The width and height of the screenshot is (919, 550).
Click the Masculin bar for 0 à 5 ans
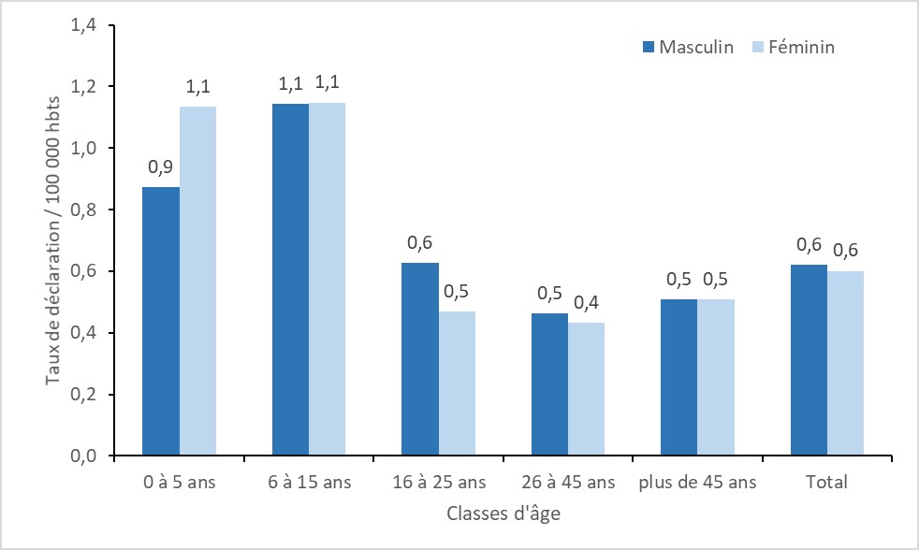click(x=161, y=321)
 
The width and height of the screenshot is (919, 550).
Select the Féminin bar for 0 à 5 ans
click(x=197, y=281)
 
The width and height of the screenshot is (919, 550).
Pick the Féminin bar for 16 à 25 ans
click(x=457, y=383)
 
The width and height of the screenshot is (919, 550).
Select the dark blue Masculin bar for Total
click(x=809, y=360)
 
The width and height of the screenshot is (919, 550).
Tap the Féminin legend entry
click(x=792, y=47)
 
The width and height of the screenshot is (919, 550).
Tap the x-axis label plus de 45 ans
click(x=697, y=483)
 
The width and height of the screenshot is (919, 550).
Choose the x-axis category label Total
click(x=827, y=483)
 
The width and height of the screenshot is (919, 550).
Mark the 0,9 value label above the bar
click(x=161, y=167)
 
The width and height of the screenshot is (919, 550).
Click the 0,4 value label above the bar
click(x=587, y=303)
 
